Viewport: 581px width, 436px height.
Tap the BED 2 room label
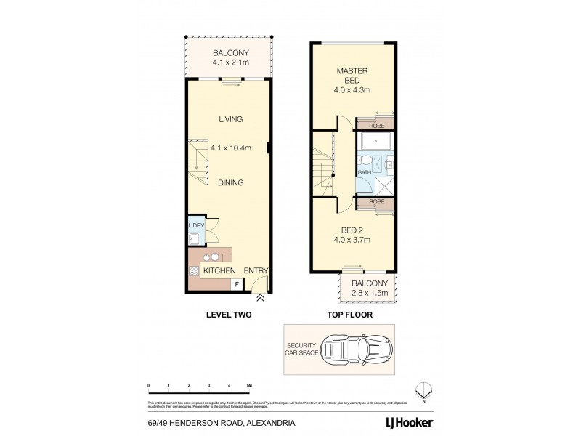click(x=353, y=230)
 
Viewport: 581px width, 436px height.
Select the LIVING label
click(x=230, y=119)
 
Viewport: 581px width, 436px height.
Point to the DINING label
click(x=230, y=183)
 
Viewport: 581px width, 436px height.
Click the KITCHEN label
click(x=218, y=271)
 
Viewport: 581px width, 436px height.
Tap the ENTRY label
click(x=256, y=271)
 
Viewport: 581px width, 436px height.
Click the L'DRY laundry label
click(x=195, y=226)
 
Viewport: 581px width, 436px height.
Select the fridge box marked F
click(x=235, y=284)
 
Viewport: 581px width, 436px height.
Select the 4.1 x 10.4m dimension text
click(x=230, y=148)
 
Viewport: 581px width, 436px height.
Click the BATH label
click(x=364, y=172)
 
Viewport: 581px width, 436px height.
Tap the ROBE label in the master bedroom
click(x=377, y=125)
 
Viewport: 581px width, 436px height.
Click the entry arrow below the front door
click(x=259, y=297)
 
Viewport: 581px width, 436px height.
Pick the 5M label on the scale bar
click(x=248, y=385)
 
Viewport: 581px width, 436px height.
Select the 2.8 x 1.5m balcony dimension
click(x=370, y=293)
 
